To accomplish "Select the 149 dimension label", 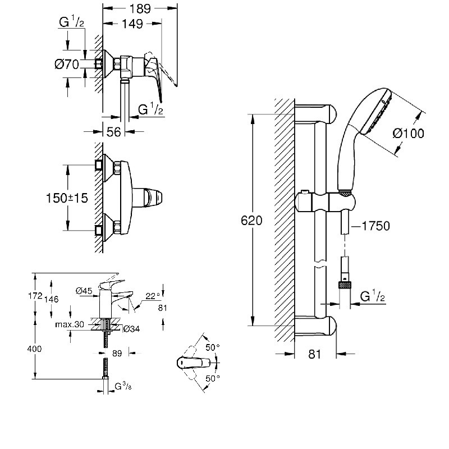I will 132,24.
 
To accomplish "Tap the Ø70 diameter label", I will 66,65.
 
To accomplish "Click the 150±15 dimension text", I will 67,198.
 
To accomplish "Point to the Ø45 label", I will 84,290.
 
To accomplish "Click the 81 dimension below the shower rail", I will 314,354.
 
